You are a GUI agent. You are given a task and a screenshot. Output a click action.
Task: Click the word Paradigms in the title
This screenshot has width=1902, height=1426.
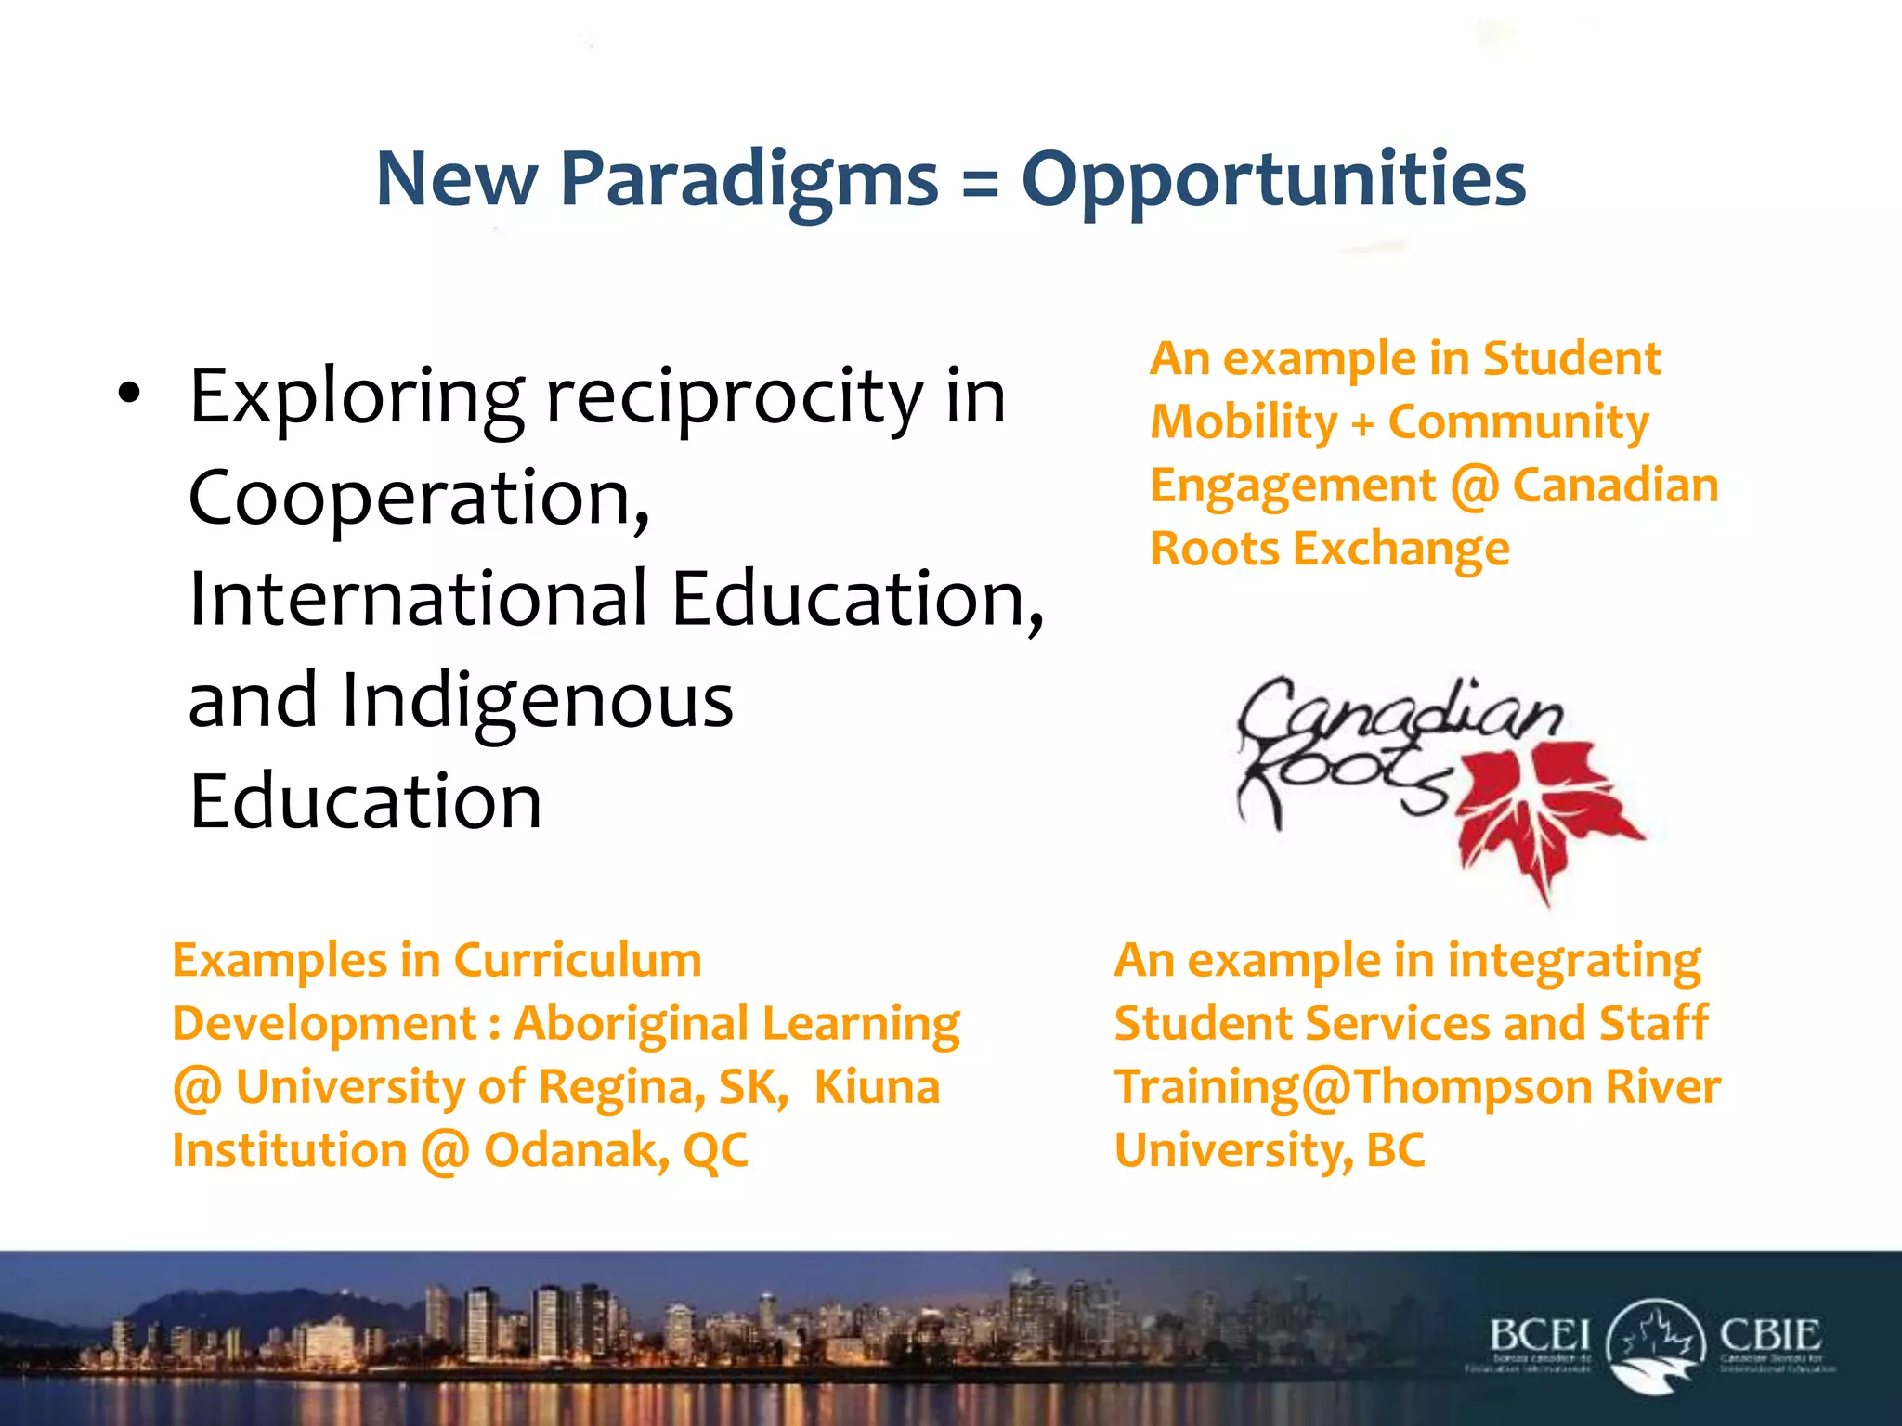[749, 178]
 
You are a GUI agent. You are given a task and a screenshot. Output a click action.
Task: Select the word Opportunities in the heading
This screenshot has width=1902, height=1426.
[1273, 178]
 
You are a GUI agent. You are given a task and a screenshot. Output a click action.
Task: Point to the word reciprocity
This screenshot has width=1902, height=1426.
[734, 397]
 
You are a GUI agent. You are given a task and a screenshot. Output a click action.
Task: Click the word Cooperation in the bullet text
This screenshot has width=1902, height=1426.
[418, 498]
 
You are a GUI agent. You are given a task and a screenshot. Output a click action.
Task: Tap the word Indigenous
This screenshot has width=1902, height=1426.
[538, 701]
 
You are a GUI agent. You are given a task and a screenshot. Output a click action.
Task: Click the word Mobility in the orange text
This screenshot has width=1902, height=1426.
[1244, 422]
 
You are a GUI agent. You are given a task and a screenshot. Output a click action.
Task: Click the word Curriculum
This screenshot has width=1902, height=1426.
[578, 960]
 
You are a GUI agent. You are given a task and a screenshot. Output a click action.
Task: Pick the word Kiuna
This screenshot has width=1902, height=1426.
[877, 1087]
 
